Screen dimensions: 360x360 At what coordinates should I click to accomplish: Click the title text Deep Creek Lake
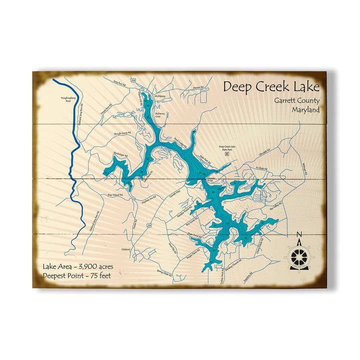270,86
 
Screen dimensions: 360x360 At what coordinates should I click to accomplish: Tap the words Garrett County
296,100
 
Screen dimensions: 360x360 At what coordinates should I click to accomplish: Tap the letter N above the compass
299,234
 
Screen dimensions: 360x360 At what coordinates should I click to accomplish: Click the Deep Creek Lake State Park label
227,148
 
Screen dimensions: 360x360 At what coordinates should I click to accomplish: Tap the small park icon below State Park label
227,154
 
